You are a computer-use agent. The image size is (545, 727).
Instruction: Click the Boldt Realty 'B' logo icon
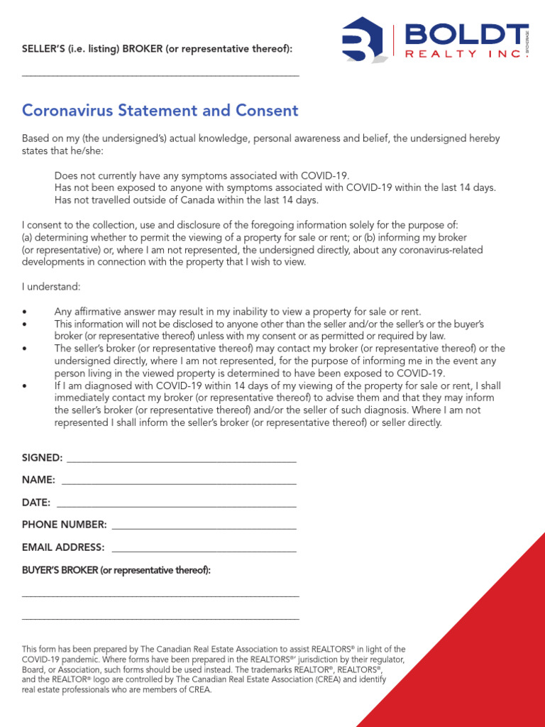[363, 40]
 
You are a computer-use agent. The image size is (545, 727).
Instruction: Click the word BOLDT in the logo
[462, 34]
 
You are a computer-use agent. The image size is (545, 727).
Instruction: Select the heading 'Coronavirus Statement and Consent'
[160, 111]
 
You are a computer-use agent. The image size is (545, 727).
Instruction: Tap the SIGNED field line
[181, 461]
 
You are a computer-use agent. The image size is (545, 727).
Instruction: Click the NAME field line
[179, 483]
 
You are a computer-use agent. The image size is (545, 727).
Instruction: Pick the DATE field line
[176, 506]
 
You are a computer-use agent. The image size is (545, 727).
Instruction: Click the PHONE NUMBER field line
[204, 528]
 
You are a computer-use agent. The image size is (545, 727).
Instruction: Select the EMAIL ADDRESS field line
[204, 551]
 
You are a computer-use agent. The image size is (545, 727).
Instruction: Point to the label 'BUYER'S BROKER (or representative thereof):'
[116, 570]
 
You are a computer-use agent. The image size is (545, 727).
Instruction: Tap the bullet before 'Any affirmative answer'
[25, 312]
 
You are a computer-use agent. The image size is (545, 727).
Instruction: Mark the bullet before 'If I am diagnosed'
[25, 386]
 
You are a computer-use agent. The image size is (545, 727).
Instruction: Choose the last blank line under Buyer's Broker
[160, 619]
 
